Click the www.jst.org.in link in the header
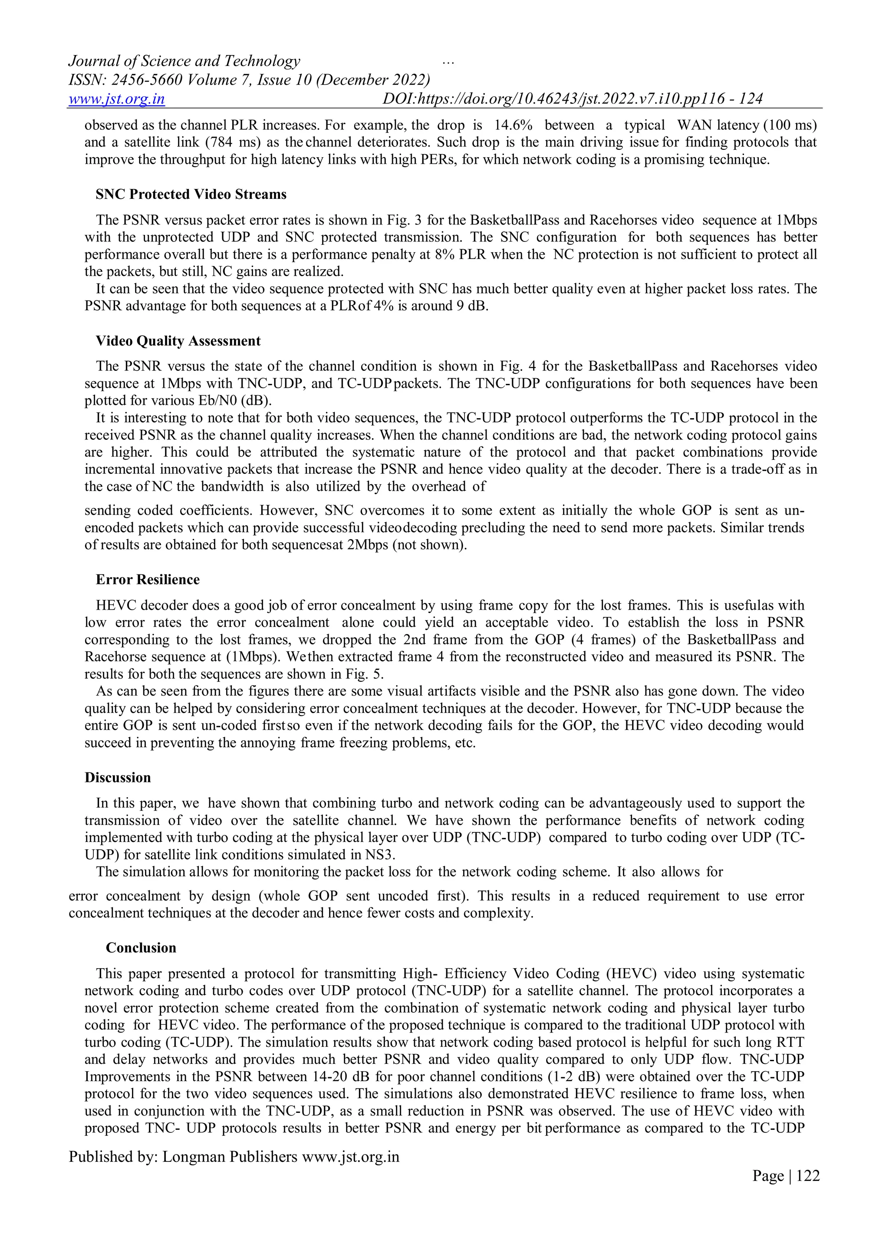tap(117, 99)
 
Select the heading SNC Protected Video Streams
tap(191, 195)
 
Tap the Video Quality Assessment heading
tap(178, 341)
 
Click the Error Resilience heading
tap(147, 580)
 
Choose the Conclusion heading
tap(141, 948)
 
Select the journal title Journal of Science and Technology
tap(184, 61)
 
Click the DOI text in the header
tap(572, 99)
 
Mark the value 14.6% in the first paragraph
tap(514, 125)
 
